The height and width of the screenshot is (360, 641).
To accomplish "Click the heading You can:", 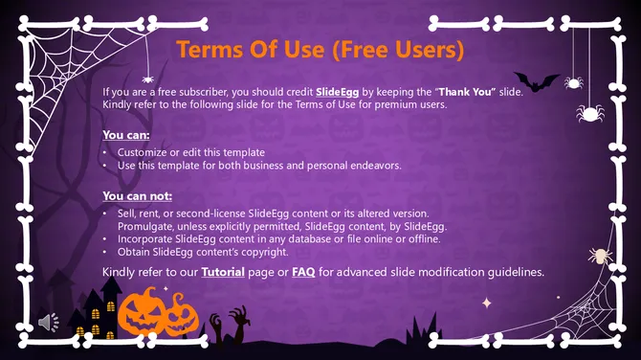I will coord(125,134).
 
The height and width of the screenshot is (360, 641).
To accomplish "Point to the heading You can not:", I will coord(137,195).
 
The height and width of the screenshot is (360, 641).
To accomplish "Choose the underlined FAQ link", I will coord(303,272).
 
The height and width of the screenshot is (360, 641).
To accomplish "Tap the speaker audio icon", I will coord(48,323).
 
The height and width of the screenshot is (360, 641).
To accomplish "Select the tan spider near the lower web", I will coord(600,256).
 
